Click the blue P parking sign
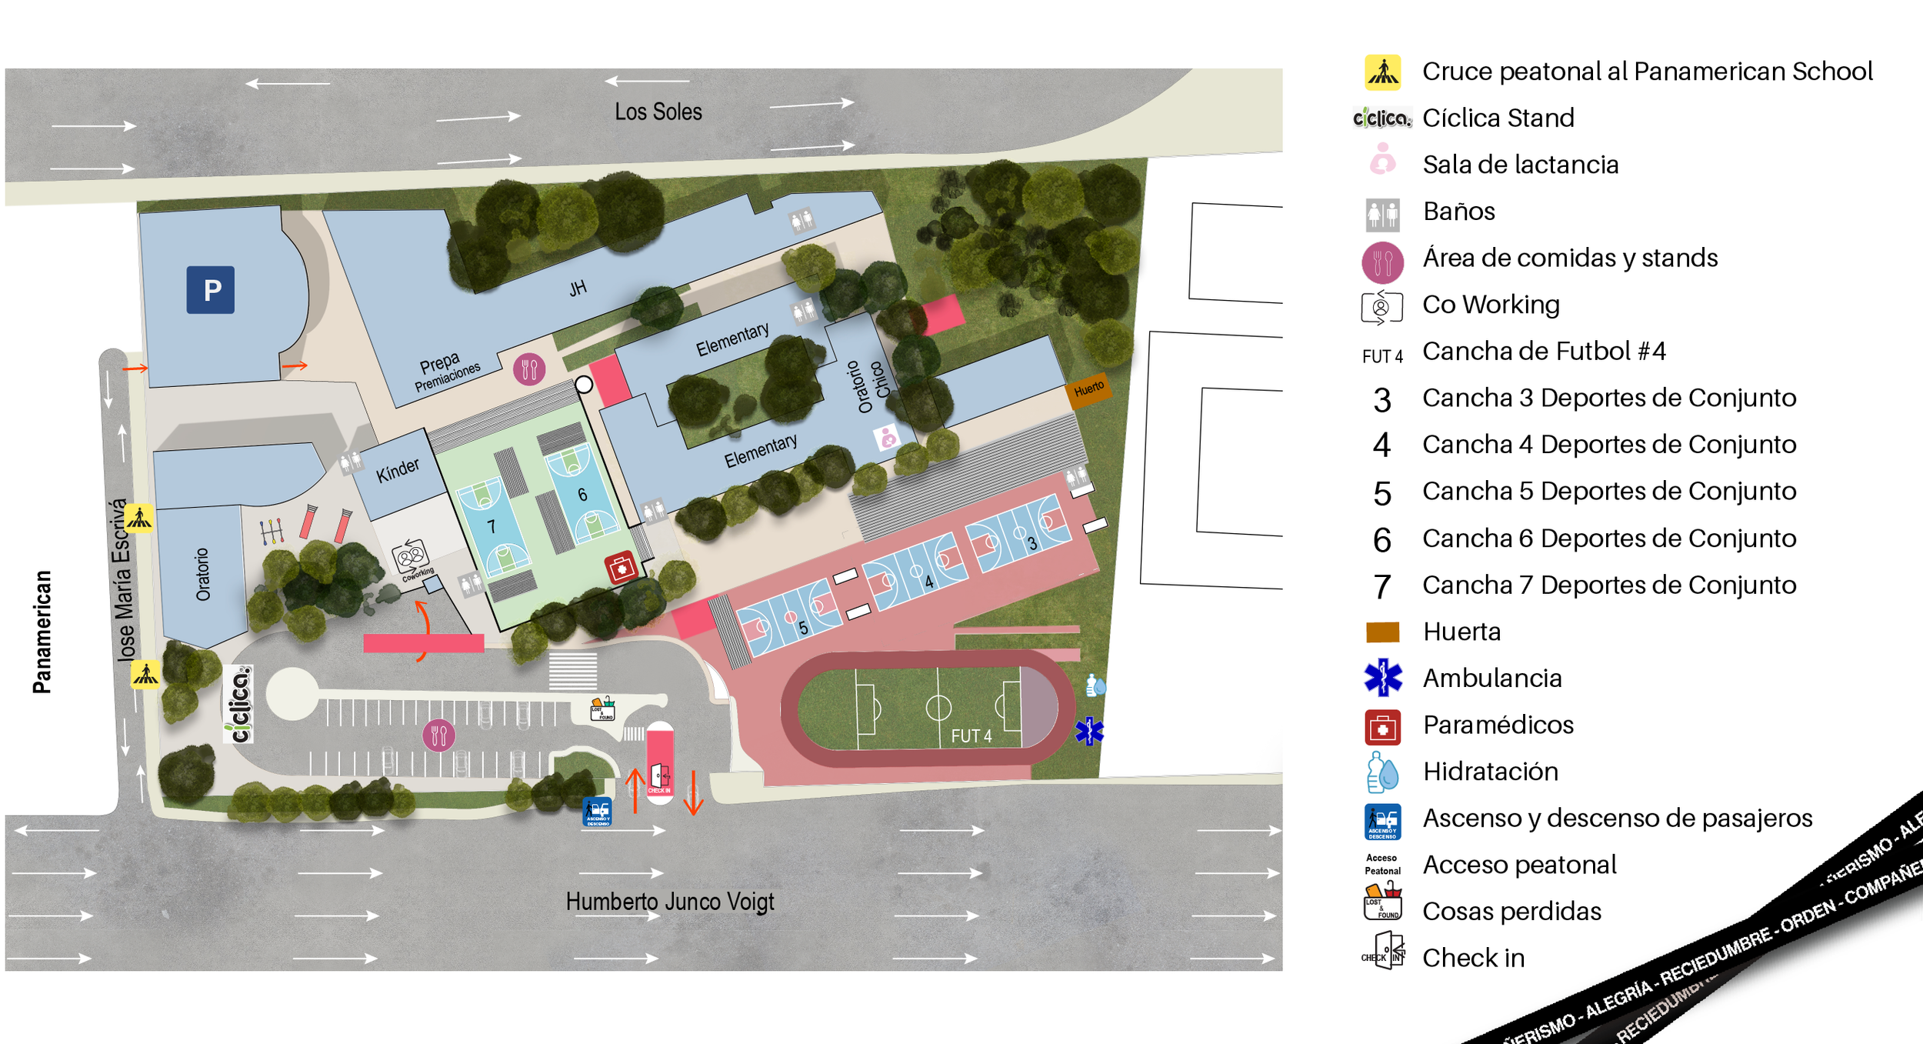click(x=210, y=290)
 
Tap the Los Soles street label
click(x=658, y=112)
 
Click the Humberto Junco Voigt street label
click(x=669, y=901)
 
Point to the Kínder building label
click(x=398, y=469)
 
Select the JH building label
click(x=578, y=289)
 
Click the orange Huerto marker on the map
click(x=1088, y=389)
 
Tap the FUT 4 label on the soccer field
click(x=971, y=736)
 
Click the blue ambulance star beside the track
click(x=1089, y=731)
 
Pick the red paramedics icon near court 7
click(x=620, y=568)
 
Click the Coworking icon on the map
click(x=410, y=555)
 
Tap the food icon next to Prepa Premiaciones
click(x=529, y=370)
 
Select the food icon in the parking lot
click(x=438, y=735)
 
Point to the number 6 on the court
click(x=582, y=495)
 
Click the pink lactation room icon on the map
click(x=888, y=438)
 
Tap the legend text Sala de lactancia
click(x=1520, y=165)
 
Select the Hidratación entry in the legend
click(x=1490, y=772)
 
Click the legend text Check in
click(x=1473, y=958)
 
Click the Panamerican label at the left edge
click(x=42, y=632)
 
